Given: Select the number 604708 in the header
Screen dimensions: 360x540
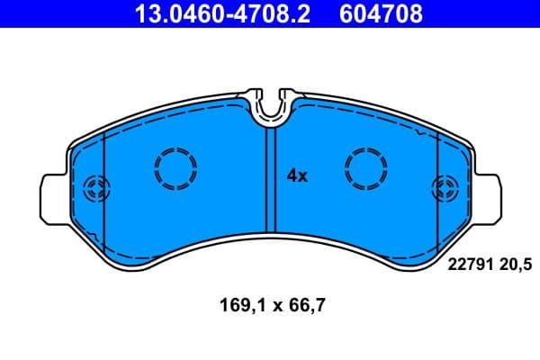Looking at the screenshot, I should pyautogui.click(x=378, y=13).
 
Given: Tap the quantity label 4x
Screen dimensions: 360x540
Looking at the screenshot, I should pyautogui.click(x=297, y=176).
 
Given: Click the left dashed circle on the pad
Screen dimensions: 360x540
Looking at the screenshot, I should pyautogui.click(x=175, y=168).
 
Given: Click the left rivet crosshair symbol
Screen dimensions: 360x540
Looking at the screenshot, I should pyautogui.click(x=94, y=189).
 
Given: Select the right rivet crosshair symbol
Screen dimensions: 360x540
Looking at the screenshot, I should pyautogui.click(x=445, y=189).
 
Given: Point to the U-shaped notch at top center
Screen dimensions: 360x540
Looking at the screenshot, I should pyautogui.click(x=270, y=106).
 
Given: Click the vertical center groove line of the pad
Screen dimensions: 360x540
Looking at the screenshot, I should pyautogui.click(x=266, y=180).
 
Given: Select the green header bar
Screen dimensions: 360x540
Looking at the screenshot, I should pyautogui.click(x=270, y=13).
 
